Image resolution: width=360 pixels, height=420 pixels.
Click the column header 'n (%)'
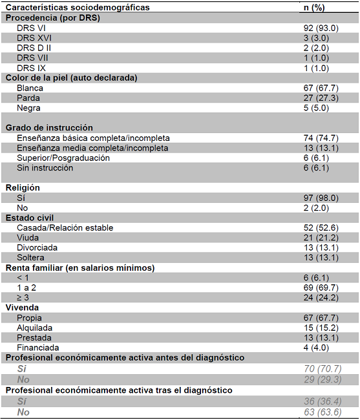317,7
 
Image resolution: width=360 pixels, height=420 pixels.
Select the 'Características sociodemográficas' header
78,7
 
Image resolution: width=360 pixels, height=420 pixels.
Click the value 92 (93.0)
317,28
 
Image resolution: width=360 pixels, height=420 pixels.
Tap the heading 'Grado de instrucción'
49,128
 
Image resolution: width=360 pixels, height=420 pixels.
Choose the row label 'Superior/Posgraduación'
63,158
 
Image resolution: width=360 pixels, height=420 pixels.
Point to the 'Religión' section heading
23,187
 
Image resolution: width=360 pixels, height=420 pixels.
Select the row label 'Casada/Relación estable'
65,227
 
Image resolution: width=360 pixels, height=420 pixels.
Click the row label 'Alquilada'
35,328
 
